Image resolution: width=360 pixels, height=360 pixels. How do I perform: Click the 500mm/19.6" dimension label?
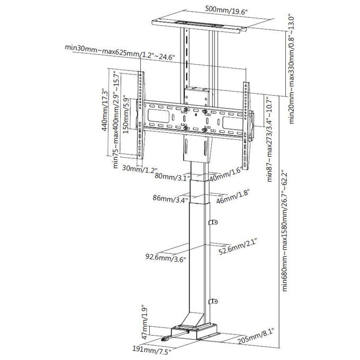tap(226, 11)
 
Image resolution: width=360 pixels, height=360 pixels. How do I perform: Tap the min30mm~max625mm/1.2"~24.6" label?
tap(120, 52)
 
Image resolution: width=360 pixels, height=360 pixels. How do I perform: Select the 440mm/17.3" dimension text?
tap(105, 111)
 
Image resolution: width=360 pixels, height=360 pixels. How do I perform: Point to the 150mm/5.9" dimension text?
tap(127, 114)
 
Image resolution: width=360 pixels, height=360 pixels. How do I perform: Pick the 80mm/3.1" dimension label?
tap(172, 176)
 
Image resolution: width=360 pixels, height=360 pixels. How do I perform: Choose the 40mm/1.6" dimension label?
tap(226, 174)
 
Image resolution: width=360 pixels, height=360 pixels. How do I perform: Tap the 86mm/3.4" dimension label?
tap(170, 199)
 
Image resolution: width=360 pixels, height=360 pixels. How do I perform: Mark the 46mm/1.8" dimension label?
tap(233, 196)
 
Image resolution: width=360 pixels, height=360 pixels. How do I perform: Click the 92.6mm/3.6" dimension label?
tap(165, 258)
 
